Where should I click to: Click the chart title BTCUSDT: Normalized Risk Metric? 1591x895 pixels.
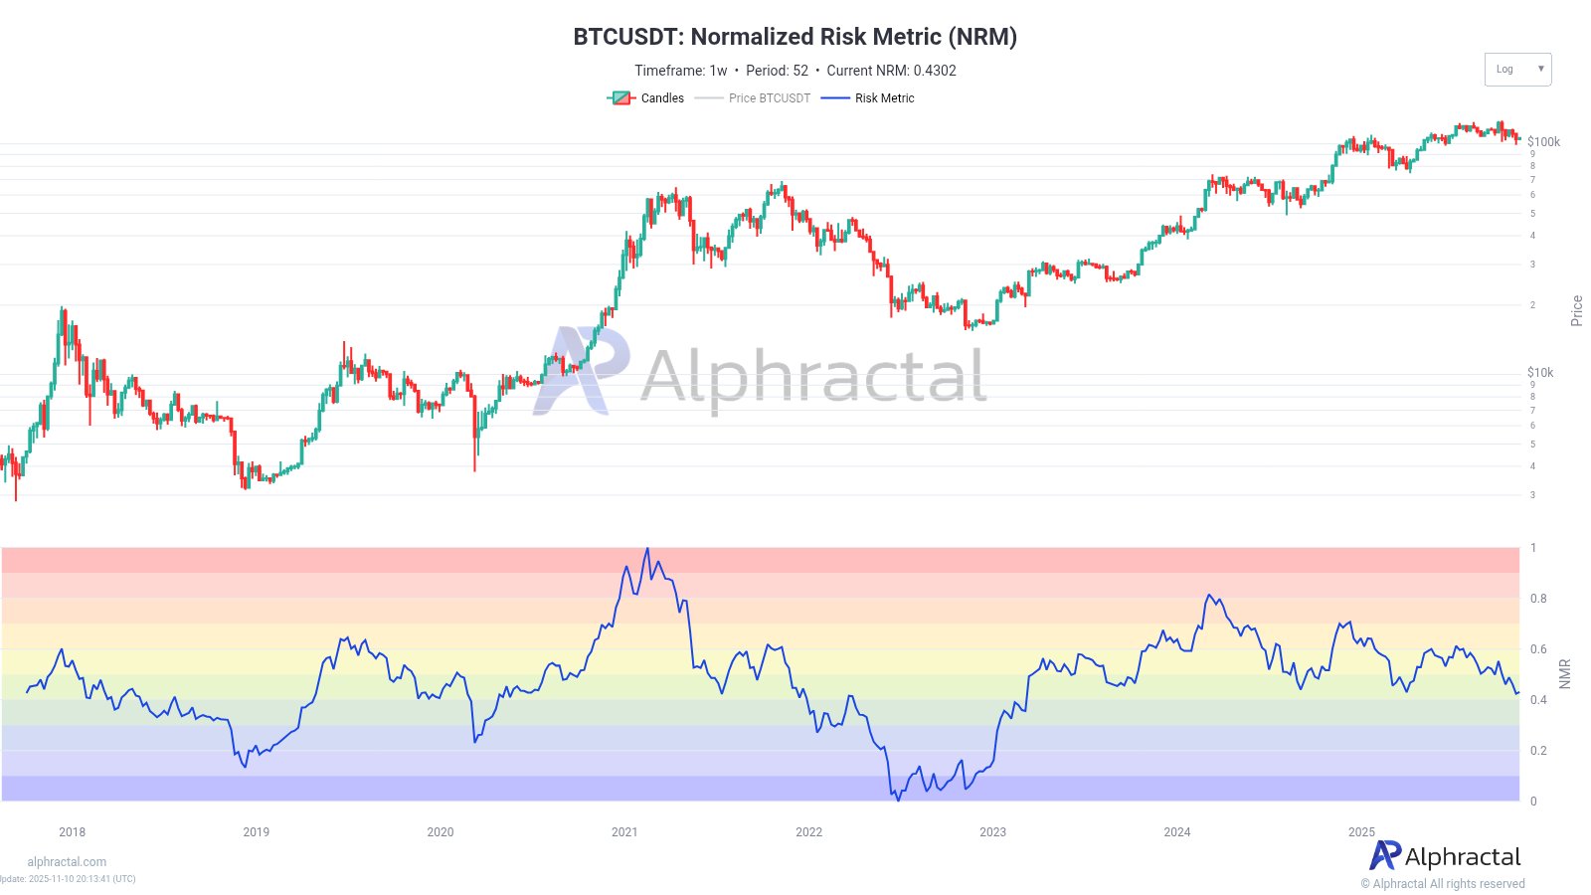(795, 37)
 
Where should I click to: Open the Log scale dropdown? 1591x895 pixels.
(1517, 70)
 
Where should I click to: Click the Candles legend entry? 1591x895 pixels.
(646, 98)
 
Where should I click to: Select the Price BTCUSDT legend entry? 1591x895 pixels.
(753, 98)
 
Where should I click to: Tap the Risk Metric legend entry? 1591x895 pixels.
(868, 98)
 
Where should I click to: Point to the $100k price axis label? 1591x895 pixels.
(1543, 142)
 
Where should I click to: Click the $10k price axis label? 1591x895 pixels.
(1540, 373)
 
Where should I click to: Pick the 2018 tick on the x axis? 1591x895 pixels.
(72, 832)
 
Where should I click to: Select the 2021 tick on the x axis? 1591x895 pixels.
(624, 832)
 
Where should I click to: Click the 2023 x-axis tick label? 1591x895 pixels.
(992, 832)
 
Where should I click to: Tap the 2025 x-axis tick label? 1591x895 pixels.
(1361, 832)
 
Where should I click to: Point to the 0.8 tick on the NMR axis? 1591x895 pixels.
(1538, 599)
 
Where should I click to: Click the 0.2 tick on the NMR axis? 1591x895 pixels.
(1538, 751)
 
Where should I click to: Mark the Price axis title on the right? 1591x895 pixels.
(1576, 311)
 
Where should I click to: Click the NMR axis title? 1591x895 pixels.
(1565, 673)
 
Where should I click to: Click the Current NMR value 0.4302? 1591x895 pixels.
(935, 71)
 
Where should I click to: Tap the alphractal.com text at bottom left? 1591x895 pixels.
(67, 862)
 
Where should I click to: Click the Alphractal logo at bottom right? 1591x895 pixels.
(1446, 856)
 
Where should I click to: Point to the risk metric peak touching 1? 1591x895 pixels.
(647, 549)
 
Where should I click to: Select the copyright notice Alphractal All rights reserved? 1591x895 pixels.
(1443, 884)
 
